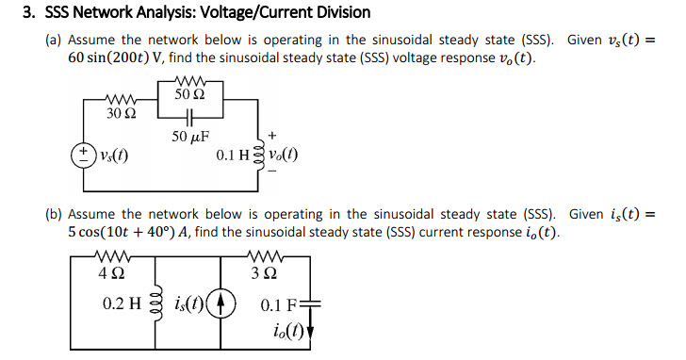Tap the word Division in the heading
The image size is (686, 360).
[x=340, y=13]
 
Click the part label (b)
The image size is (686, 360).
[x=54, y=214]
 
